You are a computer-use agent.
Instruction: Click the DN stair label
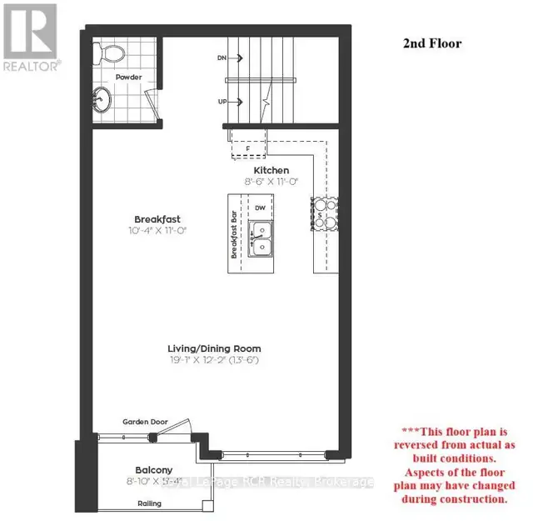pyautogui.click(x=222, y=58)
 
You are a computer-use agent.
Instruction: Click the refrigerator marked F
pyautogui.click(x=247, y=148)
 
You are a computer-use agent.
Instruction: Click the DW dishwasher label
pyautogui.click(x=260, y=208)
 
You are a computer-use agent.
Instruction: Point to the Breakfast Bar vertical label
pyautogui.click(x=236, y=235)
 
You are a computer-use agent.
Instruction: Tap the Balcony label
pyautogui.click(x=153, y=469)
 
